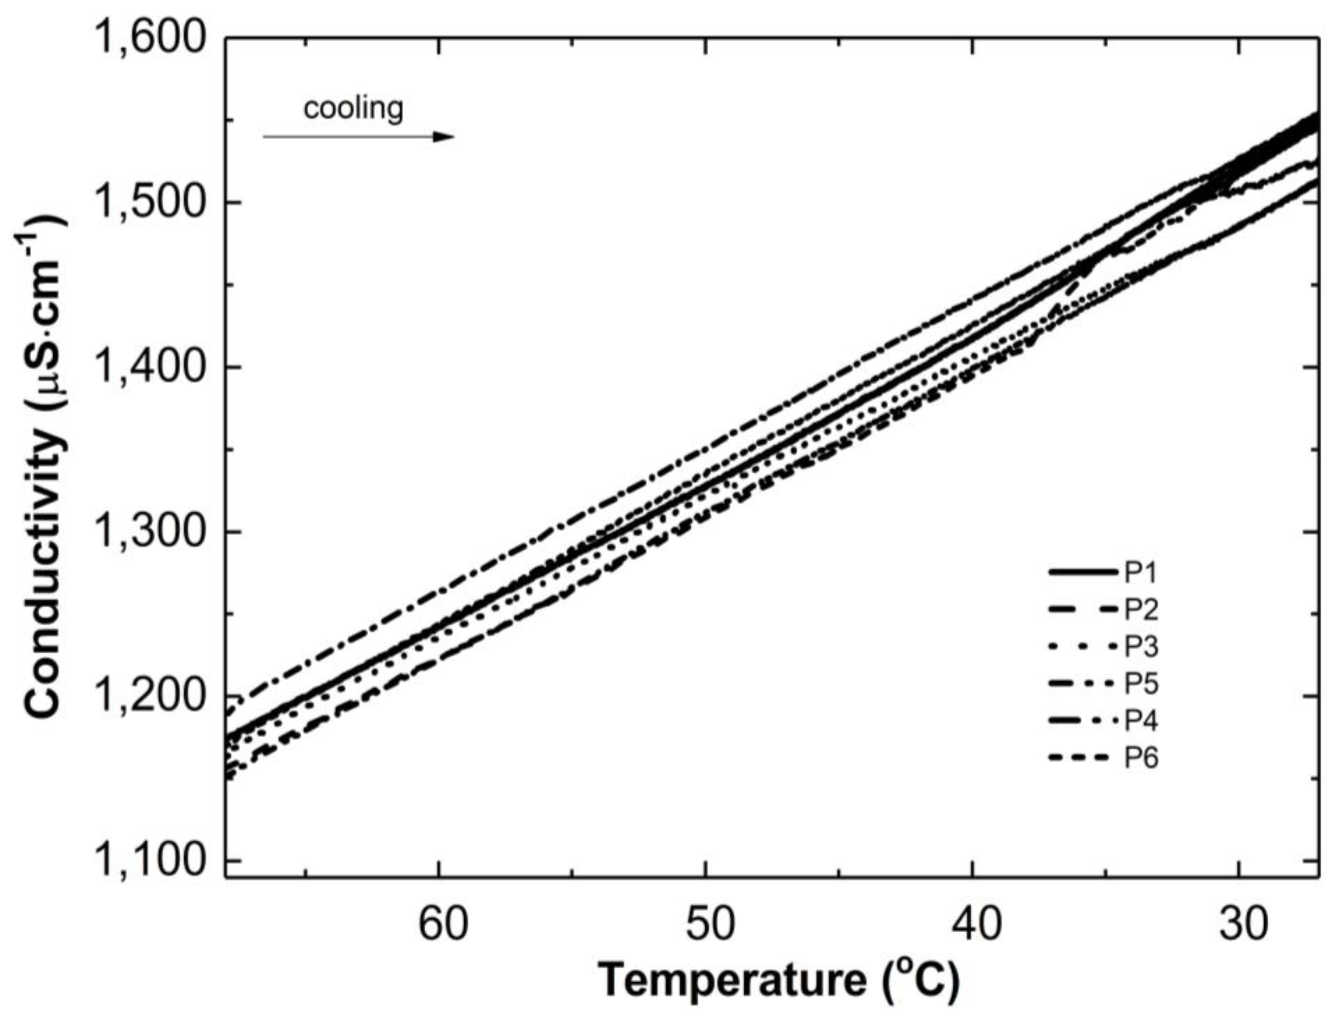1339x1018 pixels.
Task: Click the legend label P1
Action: (x=1141, y=573)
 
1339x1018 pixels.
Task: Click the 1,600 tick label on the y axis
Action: (x=149, y=39)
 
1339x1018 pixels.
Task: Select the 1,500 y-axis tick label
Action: (x=149, y=203)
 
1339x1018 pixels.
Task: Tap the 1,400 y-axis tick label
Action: (x=149, y=368)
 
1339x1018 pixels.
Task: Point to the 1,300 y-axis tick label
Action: (x=149, y=532)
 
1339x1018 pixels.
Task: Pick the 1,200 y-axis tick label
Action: (x=149, y=697)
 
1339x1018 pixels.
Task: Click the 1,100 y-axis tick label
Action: (x=149, y=861)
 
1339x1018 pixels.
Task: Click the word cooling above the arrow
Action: (x=353, y=109)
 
